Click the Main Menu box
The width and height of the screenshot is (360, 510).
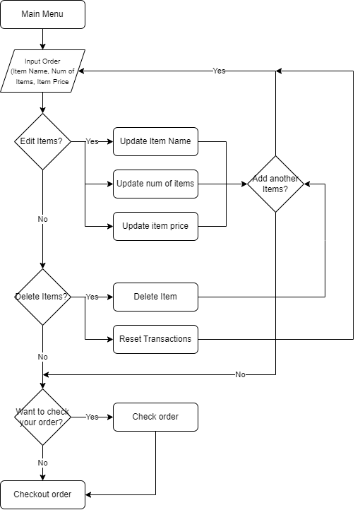42,14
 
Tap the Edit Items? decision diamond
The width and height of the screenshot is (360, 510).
42,141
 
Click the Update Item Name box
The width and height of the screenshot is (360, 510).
155,141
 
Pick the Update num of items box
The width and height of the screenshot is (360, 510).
155,184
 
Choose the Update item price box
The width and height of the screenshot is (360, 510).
155,226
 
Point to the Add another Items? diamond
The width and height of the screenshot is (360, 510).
275,184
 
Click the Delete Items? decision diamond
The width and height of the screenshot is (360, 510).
42,297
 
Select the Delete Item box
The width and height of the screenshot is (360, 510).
155,297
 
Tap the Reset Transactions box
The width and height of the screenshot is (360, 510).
155,339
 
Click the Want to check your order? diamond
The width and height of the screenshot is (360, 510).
42,417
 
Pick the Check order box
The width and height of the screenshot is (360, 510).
155,417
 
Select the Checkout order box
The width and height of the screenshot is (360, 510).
42,494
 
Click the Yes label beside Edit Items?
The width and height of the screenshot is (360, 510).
92,141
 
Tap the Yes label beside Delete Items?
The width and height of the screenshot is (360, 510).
92,297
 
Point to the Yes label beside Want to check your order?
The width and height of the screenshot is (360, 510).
92,417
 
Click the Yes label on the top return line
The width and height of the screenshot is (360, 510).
219,71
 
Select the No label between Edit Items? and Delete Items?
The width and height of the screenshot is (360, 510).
42,219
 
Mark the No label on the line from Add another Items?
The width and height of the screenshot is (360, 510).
240,374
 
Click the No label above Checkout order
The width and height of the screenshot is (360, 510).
42,463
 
